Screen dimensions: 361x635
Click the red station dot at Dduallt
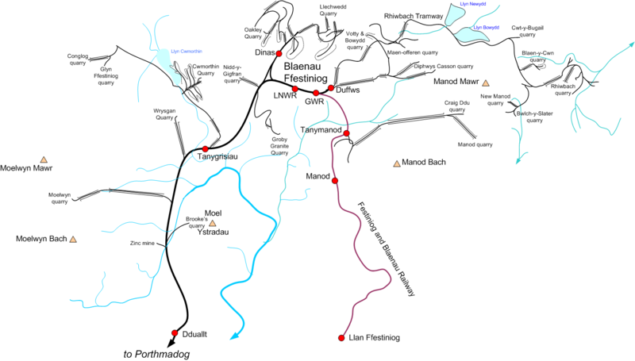tap(175, 333)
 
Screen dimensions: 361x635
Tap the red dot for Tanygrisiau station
tap(205, 148)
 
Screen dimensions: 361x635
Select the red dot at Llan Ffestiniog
tap(341, 336)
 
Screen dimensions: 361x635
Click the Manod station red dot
tap(334, 182)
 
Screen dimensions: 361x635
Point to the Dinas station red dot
tap(279, 53)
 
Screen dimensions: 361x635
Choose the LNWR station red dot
tap(294, 89)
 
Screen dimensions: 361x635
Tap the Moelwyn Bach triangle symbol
tap(73, 239)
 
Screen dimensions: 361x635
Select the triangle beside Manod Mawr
tap(486, 82)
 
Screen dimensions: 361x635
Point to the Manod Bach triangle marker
tap(396, 163)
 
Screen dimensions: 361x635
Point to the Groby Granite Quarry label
tap(275, 146)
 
